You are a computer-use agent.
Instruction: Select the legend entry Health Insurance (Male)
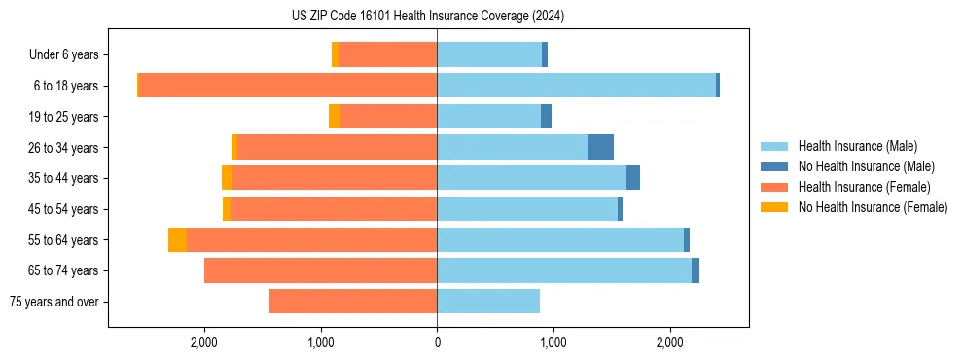pos(857,146)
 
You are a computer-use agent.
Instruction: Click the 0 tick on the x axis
pos(437,342)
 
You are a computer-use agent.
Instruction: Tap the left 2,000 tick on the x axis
pos(204,342)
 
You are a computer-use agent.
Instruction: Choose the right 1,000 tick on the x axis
pos(553,342)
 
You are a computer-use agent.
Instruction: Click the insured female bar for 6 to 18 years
pos(288,86)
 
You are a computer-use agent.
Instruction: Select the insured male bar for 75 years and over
pos(488,302)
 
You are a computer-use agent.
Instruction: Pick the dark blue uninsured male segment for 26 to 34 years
pos(600,147)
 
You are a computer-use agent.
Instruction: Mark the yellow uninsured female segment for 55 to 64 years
pos(177,240)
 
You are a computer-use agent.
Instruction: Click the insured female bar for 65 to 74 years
pos(321,270)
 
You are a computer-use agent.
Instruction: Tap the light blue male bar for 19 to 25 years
pos(488,117)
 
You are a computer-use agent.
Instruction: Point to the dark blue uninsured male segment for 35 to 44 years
pos(633,178)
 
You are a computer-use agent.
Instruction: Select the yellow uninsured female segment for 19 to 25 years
pos(335,117)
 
